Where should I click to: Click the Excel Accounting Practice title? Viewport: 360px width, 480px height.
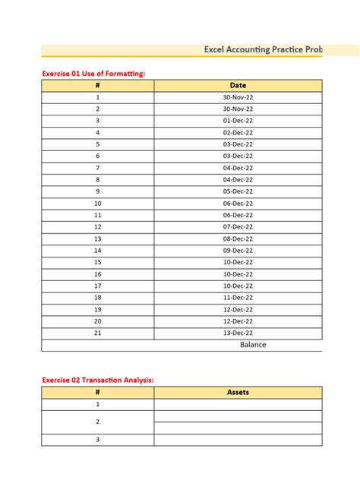pos(263,49)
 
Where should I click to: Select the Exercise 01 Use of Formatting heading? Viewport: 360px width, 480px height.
pos(93,74)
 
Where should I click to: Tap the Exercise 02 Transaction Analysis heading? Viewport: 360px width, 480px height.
pos(102,380)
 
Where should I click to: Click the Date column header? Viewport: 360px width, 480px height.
pos(238,86)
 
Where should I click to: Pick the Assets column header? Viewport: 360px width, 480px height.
pos(238,393)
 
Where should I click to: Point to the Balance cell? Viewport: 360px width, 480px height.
pos(253,345)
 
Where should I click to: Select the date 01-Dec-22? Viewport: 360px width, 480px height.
pos(238,121)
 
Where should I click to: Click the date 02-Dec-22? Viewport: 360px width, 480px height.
pos(238,133)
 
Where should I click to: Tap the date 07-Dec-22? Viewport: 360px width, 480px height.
pos(238,227)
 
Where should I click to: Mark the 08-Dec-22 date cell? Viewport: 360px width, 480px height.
pos(238,238)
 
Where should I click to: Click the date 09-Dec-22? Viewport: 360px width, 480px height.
pos(238,251)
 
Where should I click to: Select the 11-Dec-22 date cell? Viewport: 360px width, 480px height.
pos(238,298)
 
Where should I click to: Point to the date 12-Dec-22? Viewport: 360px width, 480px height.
pos(238,310)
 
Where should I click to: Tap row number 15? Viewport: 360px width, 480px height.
pos(98,262)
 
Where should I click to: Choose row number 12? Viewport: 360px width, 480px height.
pos(98,227)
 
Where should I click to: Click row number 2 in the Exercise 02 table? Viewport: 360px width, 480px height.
pos(98,422)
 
